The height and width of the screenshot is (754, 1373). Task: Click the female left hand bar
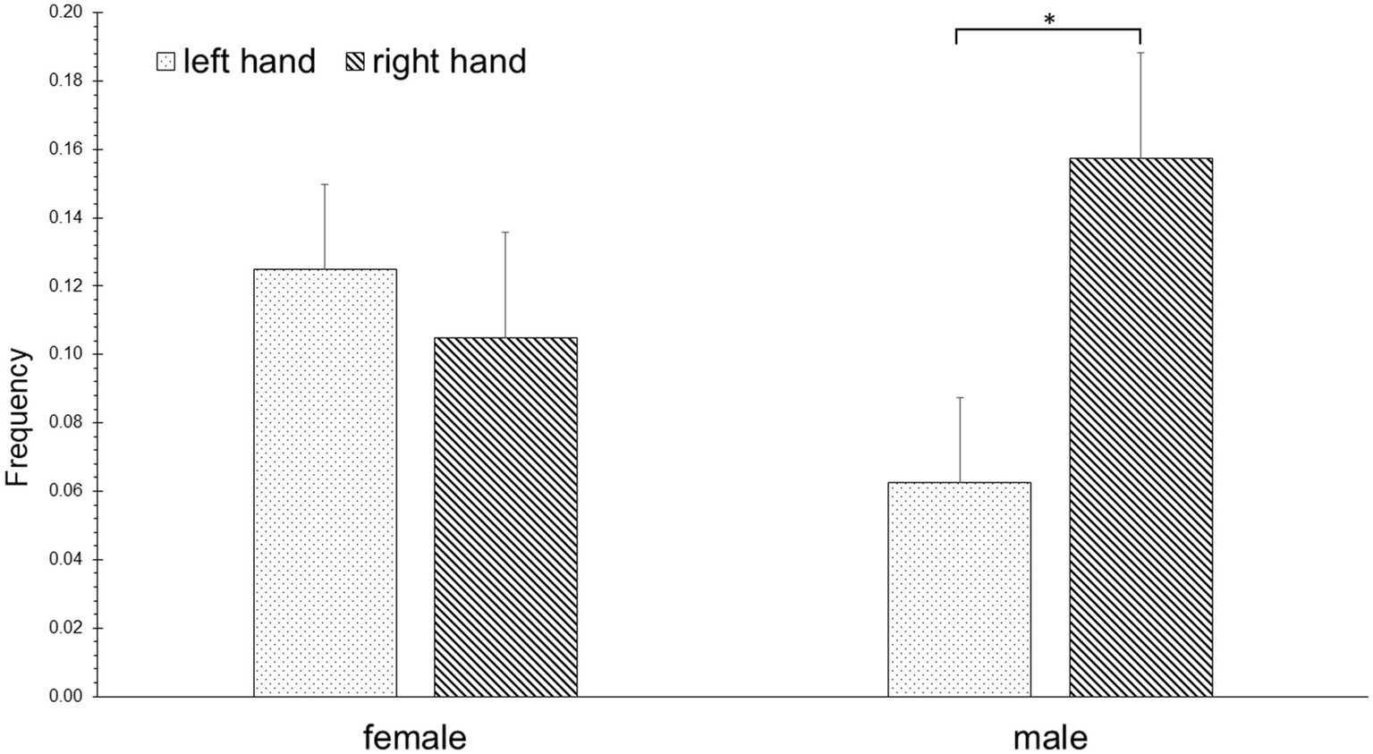click(325, 483)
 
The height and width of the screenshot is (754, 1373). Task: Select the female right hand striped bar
click(505, 517)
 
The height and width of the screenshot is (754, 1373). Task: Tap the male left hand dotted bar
click(959, 589)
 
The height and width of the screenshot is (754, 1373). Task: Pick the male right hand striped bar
click(1140, 428)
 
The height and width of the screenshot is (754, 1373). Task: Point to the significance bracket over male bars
click(1048, 30)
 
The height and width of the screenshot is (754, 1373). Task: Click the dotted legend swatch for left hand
click(165, 62)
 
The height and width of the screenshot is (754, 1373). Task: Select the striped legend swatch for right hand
click(355, 62)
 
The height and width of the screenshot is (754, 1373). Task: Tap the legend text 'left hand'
click(249, 62)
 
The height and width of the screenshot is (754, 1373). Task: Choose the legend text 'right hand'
click(449, 62)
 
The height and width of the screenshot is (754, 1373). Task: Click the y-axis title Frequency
click(18, 418)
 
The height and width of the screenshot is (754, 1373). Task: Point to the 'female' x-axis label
click(414, 738)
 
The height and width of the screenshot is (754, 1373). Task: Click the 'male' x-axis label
click(1050, 738)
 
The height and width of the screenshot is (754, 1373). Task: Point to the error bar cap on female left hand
click(325, 184)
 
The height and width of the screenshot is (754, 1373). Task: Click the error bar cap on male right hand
click(1140, 53)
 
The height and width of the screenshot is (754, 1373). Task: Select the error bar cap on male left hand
click(959, 397)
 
